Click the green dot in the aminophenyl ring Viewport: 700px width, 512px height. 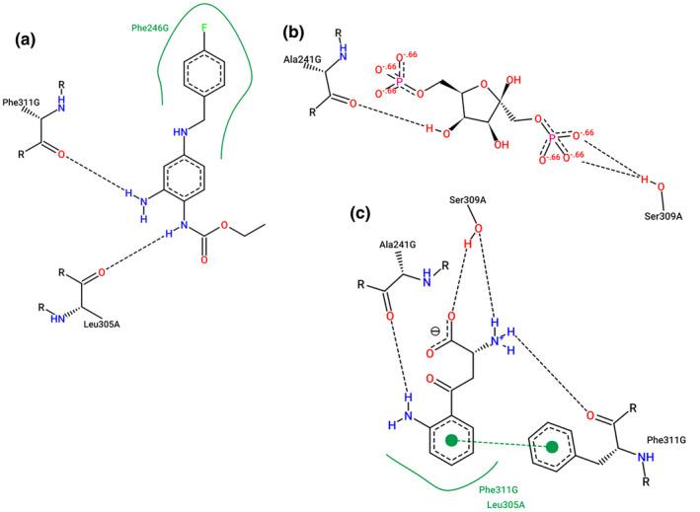pyautogui.click(x=451, y=438)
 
